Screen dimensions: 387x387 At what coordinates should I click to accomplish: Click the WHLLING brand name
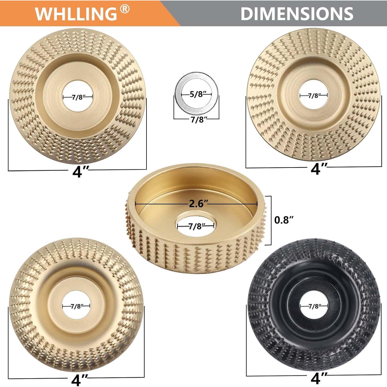click(x=76, y=13)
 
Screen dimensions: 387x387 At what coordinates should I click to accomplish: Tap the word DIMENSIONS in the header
click(x=297, y=13)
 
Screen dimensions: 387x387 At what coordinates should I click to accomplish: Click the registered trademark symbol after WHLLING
click(x=125, y=10)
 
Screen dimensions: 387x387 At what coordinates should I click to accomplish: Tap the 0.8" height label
click(x=284, y=220)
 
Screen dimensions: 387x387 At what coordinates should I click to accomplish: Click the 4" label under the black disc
click(x=319, y=378)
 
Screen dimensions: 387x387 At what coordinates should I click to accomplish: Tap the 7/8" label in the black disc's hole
click(x=314, y=306)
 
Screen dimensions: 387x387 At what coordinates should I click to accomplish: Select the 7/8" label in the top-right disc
click(x=313, y=95)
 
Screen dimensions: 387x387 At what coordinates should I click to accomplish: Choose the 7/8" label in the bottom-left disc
click(x=76, y=306)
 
